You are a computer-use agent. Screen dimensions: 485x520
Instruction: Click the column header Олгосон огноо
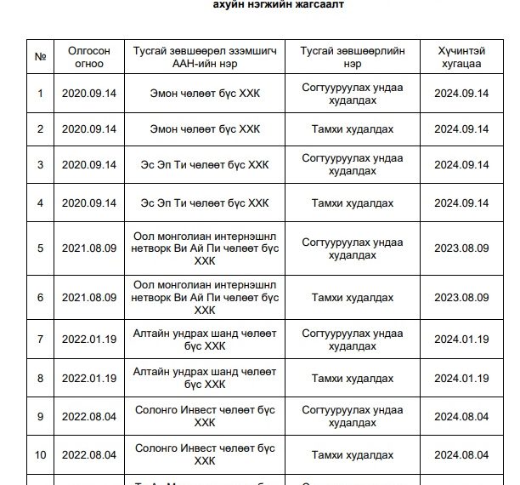pos(89,57)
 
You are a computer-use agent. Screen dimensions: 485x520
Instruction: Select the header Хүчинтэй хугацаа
pos(461,57)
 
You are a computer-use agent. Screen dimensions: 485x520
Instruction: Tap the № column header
pos(40,57)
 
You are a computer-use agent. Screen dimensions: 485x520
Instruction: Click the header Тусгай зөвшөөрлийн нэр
pos(352,57)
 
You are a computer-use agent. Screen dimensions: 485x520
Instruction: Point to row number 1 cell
pos(40,93)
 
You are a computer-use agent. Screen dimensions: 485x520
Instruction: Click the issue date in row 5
pos(89,248)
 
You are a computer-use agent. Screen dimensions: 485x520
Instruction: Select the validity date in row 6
pos(461,298)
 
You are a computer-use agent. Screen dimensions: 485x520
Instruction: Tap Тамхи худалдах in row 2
pos(352,129)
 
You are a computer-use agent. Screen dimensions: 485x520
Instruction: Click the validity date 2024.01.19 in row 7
pos(461,339)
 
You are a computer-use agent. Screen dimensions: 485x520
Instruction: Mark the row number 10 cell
pos(40,455)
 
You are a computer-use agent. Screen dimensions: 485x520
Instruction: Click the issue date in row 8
pos(89,378)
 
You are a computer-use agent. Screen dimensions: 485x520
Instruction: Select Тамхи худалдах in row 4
pos(352,203)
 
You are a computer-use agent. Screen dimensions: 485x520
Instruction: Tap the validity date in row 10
pos(461,455)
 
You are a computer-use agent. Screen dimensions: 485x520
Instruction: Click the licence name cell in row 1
pos(352,93)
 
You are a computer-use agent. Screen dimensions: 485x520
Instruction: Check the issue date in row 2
pos(89,129)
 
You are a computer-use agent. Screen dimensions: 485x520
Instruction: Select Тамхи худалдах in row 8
pos(352,378)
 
